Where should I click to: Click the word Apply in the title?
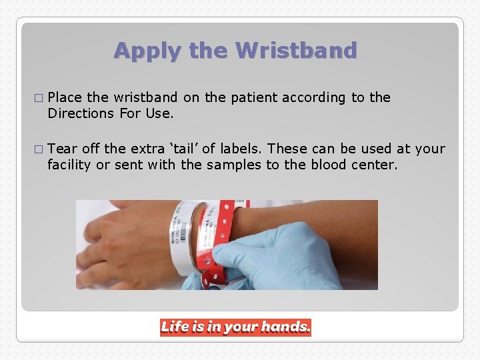(139, 51)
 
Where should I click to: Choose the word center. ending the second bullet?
(374, 164)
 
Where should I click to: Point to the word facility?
(69, 164)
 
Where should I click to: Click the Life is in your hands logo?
(235, 327)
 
